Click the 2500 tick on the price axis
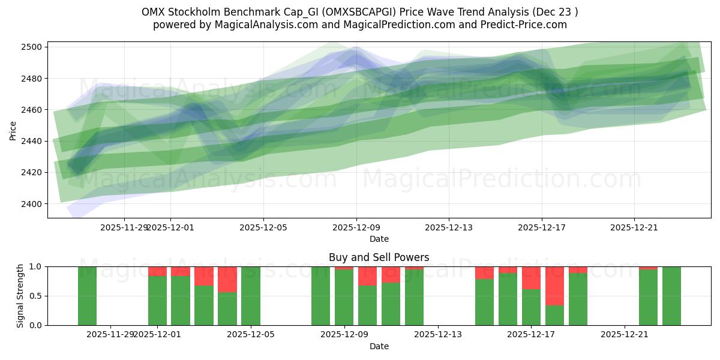[34, 47]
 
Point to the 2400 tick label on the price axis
[34, 204]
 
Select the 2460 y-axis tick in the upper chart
[34, 110]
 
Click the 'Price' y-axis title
[13, 130]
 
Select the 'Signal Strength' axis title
[20, 296]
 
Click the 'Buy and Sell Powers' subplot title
[379, 257]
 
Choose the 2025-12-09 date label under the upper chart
[356, 227]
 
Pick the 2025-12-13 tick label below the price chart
[449, 227]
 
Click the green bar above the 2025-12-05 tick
[251, 296]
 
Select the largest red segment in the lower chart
[554, 286]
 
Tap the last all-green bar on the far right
[671, 296]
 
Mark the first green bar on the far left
[87, 296]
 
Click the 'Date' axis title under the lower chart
[379, 346]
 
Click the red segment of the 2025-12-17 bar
[531, 278]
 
